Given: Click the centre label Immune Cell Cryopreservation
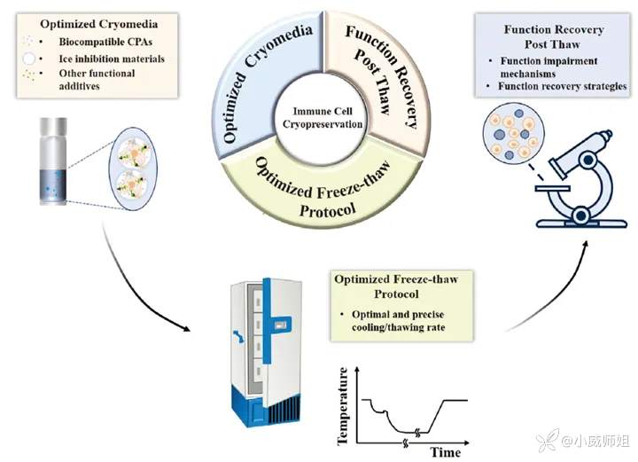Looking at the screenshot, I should tap(316, 116).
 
